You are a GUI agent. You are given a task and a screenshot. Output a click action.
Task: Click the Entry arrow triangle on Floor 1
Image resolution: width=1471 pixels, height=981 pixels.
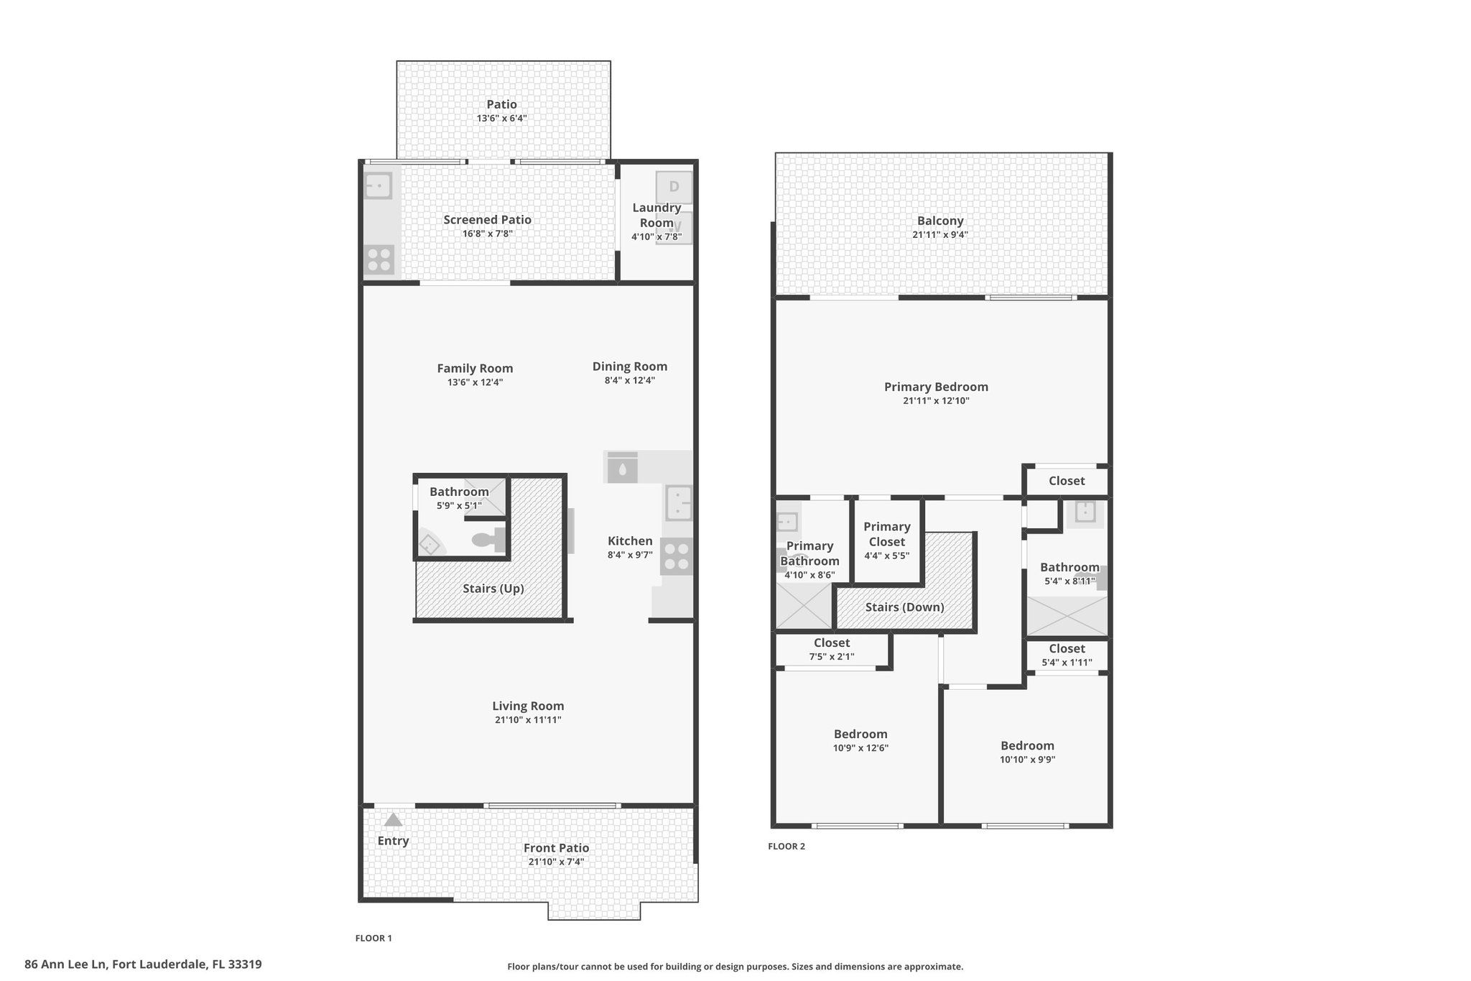pyautogui.click(x=393, y=819)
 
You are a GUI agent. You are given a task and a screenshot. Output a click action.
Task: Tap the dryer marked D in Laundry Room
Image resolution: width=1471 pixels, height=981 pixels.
pyautogui.click(x=674, y=188)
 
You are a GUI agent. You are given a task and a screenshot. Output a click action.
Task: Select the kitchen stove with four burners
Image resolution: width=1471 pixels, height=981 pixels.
pyautogui.click(x=677, y=556)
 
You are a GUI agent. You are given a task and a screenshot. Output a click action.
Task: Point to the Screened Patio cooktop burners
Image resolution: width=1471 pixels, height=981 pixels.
pyautogui.click(x=379, y=259)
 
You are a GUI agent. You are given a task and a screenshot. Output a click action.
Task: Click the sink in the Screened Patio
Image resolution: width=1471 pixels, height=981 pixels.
pyautogui.click(x=378, y=186)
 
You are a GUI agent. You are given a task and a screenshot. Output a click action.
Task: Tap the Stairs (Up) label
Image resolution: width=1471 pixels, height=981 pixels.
pyautogui.click(x=493, y=589)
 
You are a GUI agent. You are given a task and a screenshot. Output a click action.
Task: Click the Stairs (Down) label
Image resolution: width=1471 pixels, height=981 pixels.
pyautogui.click(x=904, y=607)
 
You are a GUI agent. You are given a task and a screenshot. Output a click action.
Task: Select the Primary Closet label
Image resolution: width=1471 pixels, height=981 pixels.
pyautogui.click(x=887, y=534)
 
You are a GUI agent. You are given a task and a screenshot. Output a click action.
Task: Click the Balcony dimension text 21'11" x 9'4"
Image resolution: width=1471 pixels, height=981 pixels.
pyautogui.click(x=940, y=234)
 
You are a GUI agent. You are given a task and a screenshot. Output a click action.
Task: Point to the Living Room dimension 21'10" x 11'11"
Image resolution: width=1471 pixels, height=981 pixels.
pyautogui.click(x=528, y=719)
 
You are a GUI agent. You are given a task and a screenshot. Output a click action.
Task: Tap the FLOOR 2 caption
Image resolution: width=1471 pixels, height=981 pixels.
pyautogui.click(x=786, y=847)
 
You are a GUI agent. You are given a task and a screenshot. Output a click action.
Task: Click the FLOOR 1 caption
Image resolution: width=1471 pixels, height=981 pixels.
pyautogui.click(x=373, y=938)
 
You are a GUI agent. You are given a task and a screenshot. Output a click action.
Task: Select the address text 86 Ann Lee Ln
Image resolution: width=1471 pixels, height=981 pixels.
pyautogui.click(x=66, y=964)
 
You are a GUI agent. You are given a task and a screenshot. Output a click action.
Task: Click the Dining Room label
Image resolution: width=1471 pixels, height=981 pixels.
pyautogui.click(x=630, y=367)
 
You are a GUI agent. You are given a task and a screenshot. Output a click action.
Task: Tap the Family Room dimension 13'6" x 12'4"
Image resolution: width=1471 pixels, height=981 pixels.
pyautogui.click(x=475, y=382)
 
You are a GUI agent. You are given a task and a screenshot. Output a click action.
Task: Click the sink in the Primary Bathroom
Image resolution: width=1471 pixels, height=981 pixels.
pyautogui.click(x=788, y=520)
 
